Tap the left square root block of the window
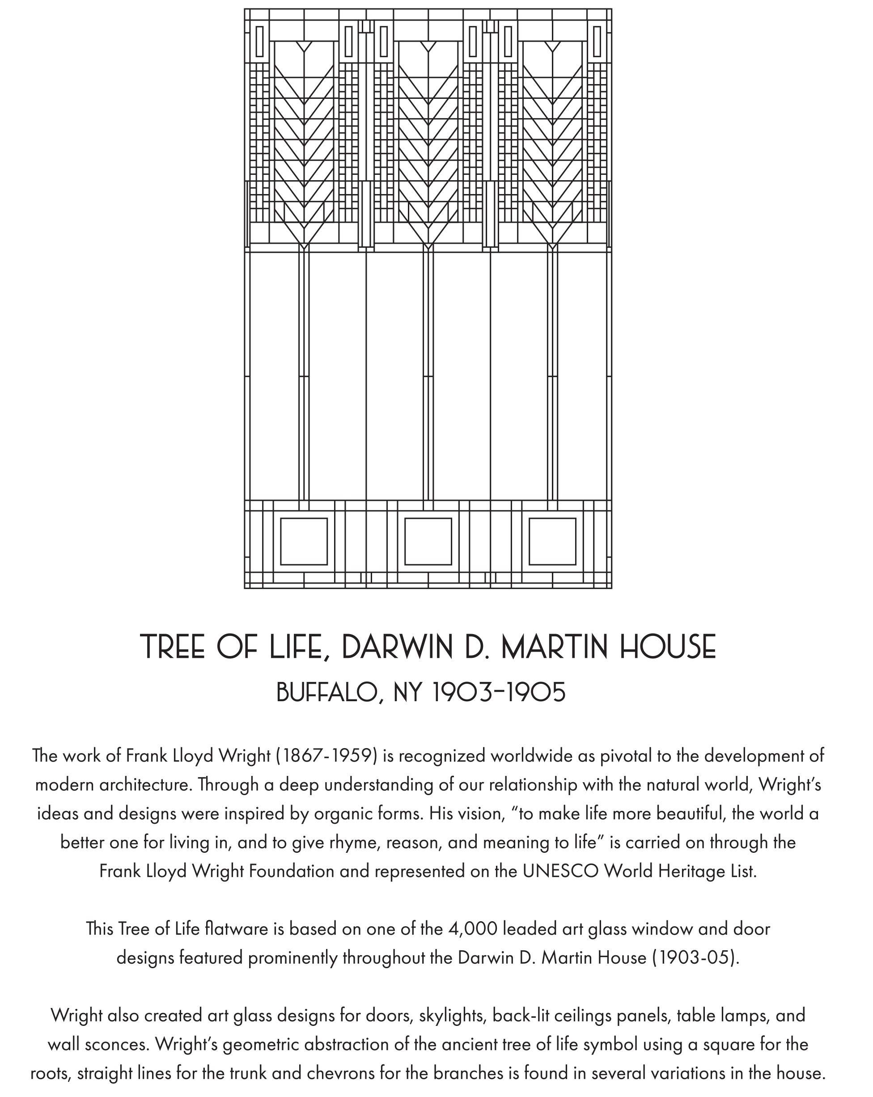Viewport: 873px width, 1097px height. tap(304, 542)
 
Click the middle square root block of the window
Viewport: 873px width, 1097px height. tap(428, 542)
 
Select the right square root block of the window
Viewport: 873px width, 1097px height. tap(552, 542)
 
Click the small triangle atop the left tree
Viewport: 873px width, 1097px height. tap(304, 47)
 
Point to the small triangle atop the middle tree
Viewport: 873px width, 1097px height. tap(428, 47)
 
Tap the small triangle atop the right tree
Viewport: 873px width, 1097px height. tap(552, 47)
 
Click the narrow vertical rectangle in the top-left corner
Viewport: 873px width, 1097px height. tap(259, 41)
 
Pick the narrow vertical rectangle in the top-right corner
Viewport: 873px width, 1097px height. tap(597, 41)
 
